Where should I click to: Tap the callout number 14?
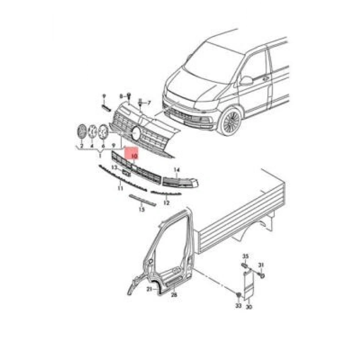[x=176, y=169]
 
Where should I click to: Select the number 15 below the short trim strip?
[x=141, y=210]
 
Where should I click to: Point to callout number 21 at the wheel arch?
[x=149, y=289]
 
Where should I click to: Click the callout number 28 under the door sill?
[x=173, y=295]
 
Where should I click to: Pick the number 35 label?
[x=245, y=256]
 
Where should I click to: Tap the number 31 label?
[x=261, y=265]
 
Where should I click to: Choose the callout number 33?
[x=238, y=306]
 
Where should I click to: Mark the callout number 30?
[x=249, y=308]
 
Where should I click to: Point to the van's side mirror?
[x=247, y=80]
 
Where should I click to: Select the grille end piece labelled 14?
[x=177, y=181]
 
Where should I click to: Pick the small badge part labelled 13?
[x=125, y=174]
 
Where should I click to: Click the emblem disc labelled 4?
[x=93, y=132]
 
